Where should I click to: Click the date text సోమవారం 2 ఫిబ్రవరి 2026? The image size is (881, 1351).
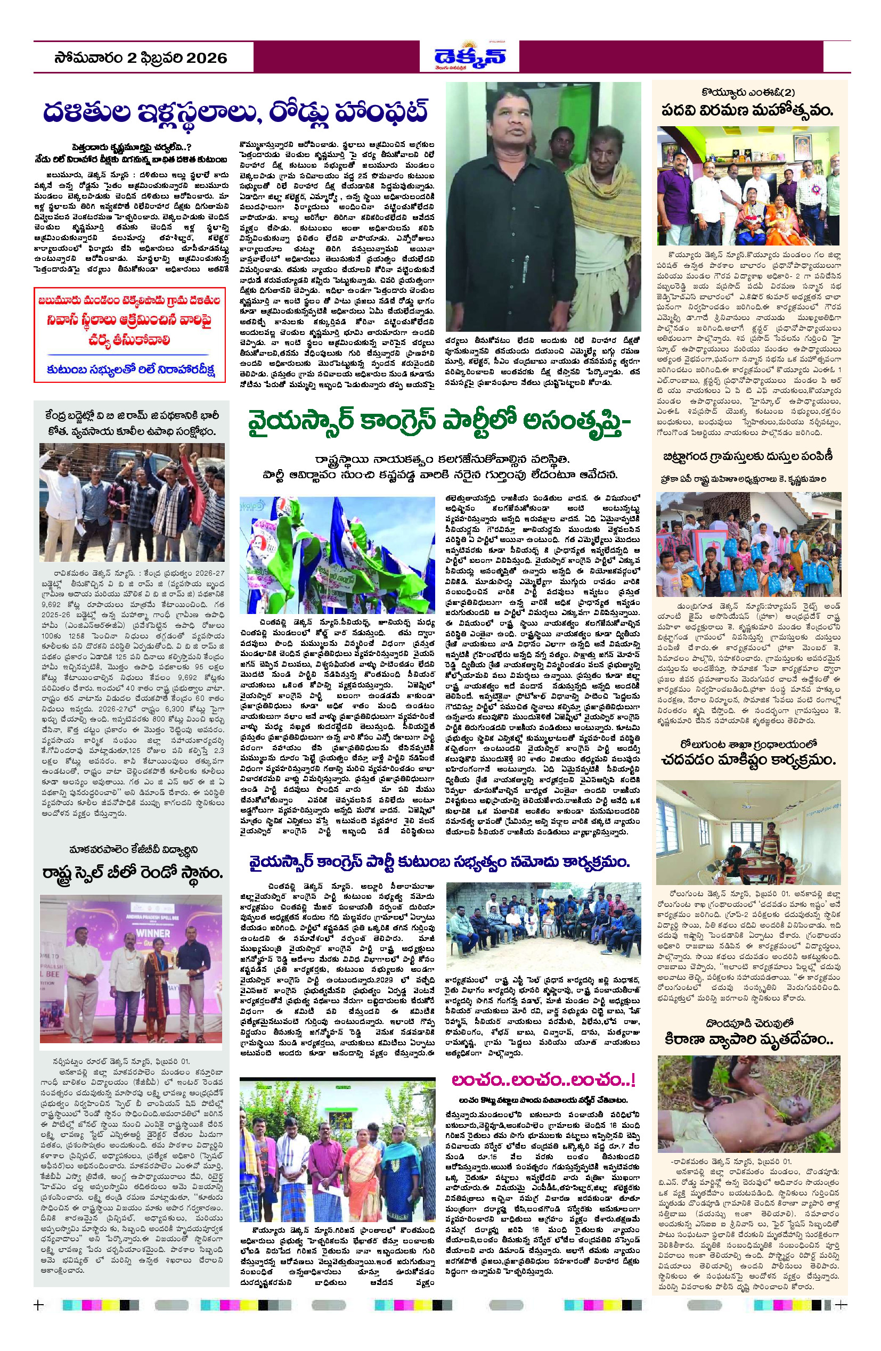(x=141, y=58)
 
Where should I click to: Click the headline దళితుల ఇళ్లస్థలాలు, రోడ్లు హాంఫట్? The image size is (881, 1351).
(x=235, y=112)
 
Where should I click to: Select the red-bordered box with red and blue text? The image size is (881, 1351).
(x=129, y=335)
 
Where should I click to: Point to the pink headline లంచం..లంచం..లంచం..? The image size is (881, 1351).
(x=543, y=1079)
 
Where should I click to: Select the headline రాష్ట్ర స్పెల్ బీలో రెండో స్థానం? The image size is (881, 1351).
(x=132, y=872)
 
